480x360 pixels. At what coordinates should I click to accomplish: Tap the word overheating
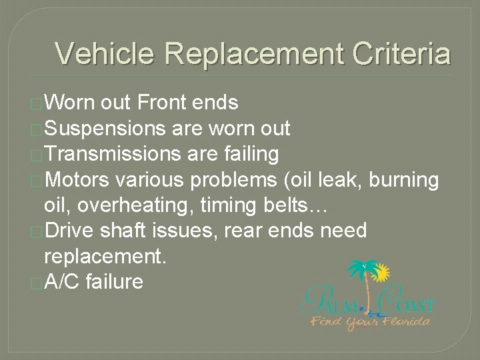tap(141, 205)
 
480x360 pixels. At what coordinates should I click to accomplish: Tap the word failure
tap(114, 282)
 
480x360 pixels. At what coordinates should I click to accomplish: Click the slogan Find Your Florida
tap(371, 321)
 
